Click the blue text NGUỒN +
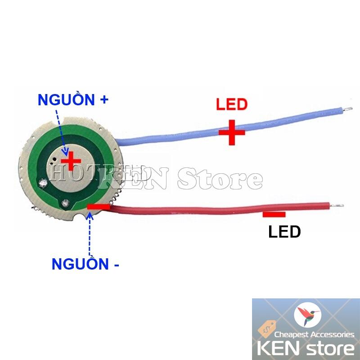[73, 99]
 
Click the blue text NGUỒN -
[85, 264]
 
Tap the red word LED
[232, 105]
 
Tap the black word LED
[284, 232]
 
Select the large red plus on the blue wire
[232, 132]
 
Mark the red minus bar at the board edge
[98, 207]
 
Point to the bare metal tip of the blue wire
[346, 108]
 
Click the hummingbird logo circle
[307, 315]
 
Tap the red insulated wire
[202, 209]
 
